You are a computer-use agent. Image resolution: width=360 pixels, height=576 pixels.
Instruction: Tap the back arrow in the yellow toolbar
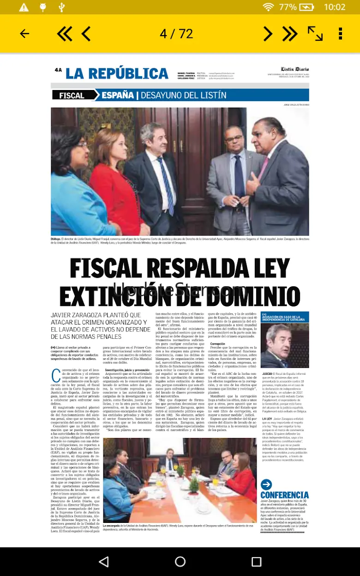(24, 34)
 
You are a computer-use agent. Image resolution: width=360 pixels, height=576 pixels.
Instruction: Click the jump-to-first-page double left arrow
(65, 34)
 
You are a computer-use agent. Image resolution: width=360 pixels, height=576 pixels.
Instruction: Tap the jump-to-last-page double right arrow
(290, 34)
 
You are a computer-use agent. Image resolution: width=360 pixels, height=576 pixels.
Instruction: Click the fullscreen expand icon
(315, 34)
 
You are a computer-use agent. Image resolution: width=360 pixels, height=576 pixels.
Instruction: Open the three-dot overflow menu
(340, 34)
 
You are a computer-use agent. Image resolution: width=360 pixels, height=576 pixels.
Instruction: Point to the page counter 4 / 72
(176, 34)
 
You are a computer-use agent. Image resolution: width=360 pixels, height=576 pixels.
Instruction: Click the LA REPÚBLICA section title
(117, 73)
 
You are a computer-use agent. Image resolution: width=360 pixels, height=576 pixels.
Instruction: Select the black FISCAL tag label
(72, 96)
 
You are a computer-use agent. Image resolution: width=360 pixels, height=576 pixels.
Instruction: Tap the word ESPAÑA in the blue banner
(117, 96)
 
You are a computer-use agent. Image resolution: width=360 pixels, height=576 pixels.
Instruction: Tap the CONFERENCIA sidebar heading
(284, 495)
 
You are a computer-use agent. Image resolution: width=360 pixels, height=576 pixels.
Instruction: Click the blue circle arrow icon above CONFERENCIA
(266, 484)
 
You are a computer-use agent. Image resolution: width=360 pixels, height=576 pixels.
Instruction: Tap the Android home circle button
(180, 561)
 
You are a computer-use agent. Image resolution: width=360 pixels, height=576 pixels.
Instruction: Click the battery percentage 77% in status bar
(288, 7)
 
